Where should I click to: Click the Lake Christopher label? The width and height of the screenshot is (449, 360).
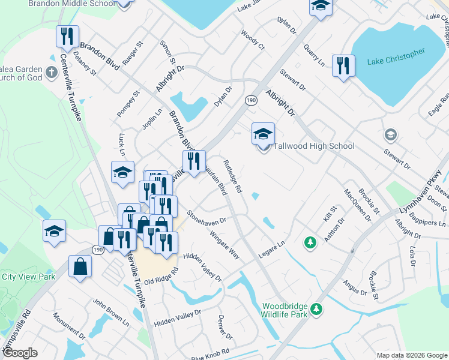(396, 62)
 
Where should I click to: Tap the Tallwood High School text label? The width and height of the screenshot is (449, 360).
(314, 146)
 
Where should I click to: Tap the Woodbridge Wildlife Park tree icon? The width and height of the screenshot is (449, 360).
(316, 310)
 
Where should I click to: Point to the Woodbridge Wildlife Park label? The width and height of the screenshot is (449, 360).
(285, 310)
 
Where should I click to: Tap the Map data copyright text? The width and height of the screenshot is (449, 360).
(411, 355)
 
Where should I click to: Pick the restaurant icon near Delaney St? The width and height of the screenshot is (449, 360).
(67, 37)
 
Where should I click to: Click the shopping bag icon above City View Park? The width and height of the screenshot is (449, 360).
(80, 268)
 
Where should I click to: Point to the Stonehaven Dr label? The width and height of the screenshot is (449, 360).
(206, 217)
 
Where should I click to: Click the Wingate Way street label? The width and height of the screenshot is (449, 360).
(224, 246)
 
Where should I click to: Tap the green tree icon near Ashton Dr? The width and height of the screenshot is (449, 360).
(310, 243)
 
